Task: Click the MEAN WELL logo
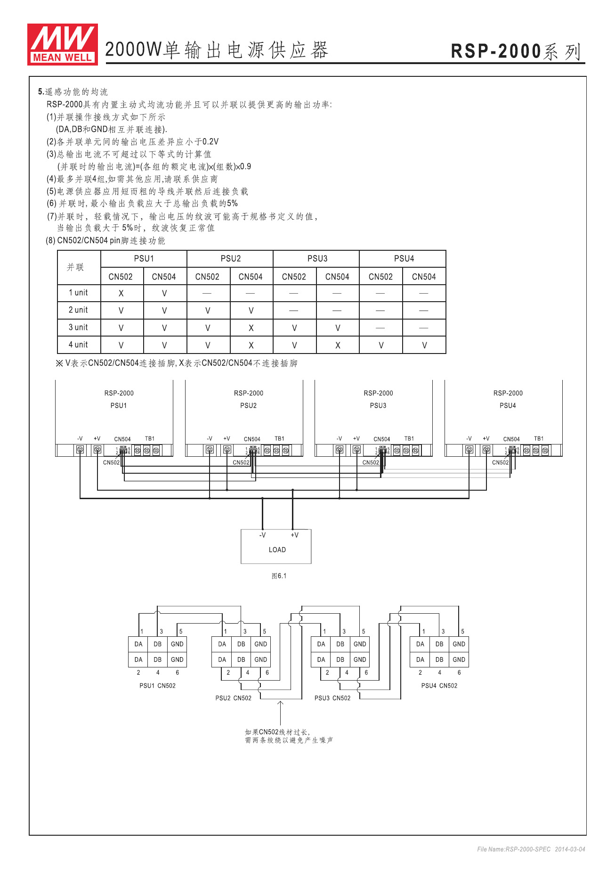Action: tap(63, 44)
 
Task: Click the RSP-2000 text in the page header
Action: tap(496, 51)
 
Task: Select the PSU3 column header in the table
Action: tap(317, 259)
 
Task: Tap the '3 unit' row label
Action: tap(78, 328)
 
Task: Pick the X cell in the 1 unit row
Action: tap(121, 293)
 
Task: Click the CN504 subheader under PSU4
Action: tap(424, 277)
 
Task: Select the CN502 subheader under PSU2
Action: tap(207, 277)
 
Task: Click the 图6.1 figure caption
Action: tap(279, 576)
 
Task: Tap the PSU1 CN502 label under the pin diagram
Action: tap(157, 686)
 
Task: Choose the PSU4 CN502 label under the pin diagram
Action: tap(439, 686)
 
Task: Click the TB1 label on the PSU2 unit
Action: tap(279, 439)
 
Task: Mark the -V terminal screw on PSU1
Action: tap(81, 450)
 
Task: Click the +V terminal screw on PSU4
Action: tap(486, 450)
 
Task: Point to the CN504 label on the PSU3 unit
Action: tap(381, 439)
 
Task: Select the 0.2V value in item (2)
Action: tap(210, 142)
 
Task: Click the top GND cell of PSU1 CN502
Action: tap(177, 644)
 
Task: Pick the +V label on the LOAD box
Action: tap(294, 535)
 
